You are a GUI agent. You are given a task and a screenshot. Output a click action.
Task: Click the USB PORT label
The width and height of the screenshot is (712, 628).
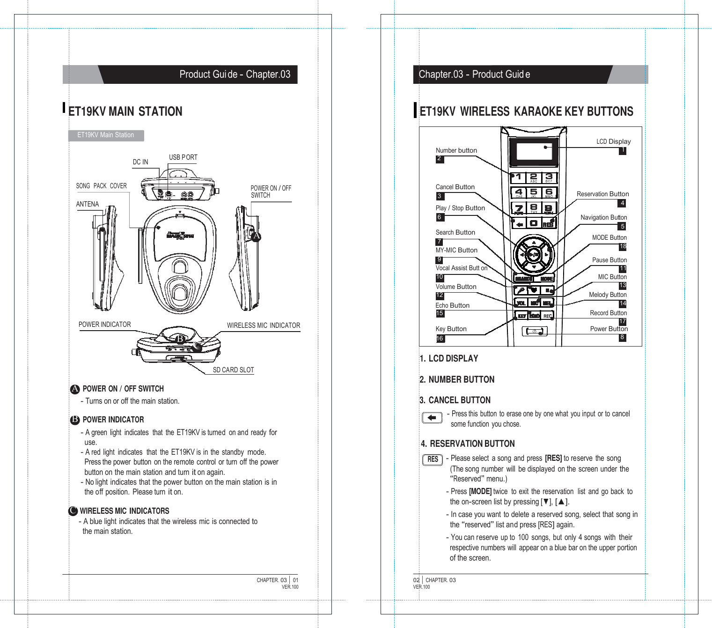coord(183,157)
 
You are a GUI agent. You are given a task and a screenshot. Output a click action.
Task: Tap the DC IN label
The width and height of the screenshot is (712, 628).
coord(140,162)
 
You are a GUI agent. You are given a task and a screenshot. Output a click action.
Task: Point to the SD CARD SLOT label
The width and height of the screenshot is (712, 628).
coord(233,370)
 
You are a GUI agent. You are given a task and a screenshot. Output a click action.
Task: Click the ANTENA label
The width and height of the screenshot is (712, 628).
coord(88,204)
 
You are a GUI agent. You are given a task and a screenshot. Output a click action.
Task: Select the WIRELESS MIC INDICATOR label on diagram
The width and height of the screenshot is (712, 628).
coord(263,325)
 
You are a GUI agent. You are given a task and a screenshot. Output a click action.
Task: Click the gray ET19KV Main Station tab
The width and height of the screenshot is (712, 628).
coord(106,135)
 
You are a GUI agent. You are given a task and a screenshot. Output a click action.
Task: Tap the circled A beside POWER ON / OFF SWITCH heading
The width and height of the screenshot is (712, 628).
coord(75,389)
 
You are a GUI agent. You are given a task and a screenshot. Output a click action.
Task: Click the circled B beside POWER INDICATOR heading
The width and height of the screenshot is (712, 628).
coord(75,420)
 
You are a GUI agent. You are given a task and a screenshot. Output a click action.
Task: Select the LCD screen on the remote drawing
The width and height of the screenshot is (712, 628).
coord(534,151)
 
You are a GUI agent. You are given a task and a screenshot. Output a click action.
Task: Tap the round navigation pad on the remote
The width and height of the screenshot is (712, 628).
coord(534,255)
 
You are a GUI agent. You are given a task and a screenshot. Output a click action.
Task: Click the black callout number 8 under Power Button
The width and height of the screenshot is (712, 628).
coord(622,337)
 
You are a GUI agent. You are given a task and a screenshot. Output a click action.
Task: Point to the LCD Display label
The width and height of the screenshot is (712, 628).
coord(613,141)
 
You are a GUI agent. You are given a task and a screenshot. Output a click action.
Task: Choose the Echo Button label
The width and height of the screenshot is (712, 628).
coord(452,305)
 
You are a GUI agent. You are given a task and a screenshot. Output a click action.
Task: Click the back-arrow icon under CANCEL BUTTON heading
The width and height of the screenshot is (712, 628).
coord(432,417)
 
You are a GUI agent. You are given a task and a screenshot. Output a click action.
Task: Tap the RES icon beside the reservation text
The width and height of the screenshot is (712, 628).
coord(433,459)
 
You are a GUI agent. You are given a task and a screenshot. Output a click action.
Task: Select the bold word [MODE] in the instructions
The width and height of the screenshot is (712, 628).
coord(480,492)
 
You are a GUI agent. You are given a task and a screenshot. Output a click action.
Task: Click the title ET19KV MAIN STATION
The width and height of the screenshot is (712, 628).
coord(125,111)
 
